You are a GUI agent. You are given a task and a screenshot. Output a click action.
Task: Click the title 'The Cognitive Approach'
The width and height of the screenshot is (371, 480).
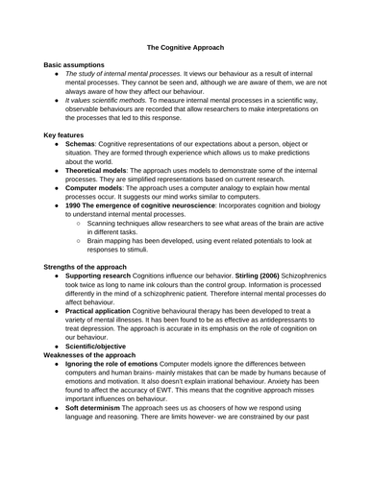(185, 45)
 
